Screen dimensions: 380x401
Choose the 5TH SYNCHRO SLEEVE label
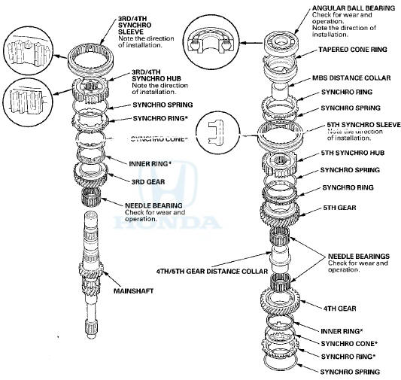[363, 123]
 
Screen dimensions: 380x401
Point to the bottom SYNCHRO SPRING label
[350, 371]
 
